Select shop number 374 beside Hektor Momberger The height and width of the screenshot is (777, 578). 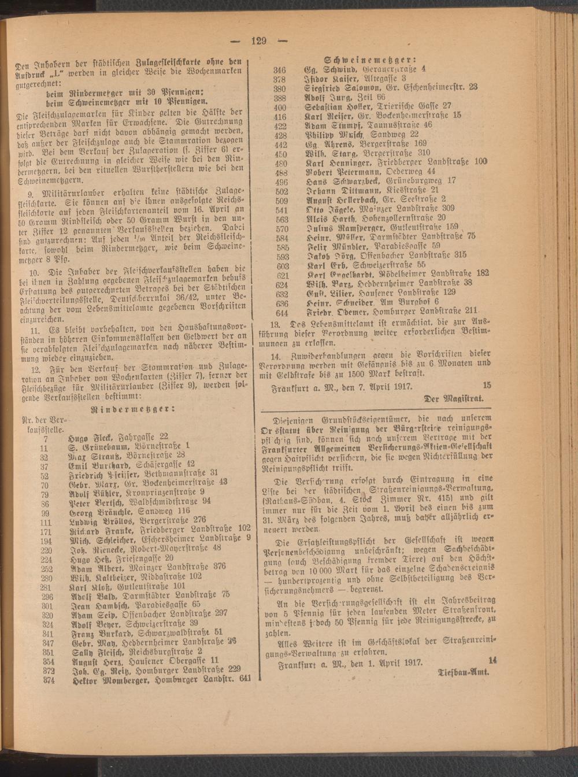(x=49, y=680)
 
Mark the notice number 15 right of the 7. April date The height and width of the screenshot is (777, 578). (x=486, y=384)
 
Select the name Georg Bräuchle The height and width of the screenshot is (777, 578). (x=97, y=512)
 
